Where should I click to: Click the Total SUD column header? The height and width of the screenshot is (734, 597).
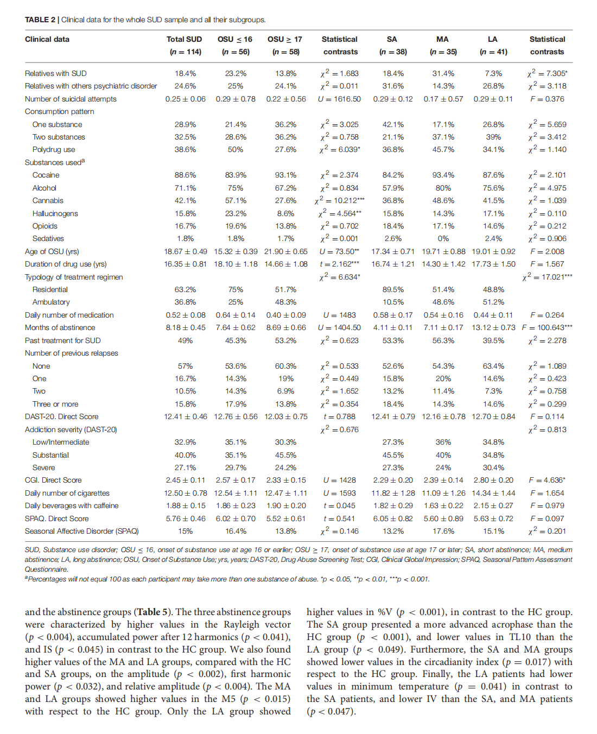[184, 39]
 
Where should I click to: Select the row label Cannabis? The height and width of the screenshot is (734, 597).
[48, 200]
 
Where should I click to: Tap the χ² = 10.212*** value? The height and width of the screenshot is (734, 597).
[340, 200]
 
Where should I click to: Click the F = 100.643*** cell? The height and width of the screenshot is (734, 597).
[547, 327]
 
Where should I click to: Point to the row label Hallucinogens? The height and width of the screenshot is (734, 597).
[55, 213]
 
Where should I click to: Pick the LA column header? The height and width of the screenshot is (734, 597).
[493, 39]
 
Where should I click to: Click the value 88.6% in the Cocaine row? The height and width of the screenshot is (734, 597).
[185, 175]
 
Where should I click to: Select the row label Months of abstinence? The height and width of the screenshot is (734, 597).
[60, 327]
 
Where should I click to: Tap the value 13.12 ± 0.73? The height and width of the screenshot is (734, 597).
[493, 327]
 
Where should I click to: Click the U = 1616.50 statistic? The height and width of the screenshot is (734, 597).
[339, 99]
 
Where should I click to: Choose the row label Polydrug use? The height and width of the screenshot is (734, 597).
[54, 149]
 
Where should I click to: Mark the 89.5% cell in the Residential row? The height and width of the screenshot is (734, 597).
[393, 289]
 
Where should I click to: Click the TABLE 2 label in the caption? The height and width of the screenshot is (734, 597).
[40, 20]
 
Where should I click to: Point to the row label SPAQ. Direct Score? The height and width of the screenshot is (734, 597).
[56, 518]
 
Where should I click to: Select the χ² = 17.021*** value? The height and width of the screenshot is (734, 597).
[547, 277]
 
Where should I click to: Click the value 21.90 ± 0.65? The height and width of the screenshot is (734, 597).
[286, 251]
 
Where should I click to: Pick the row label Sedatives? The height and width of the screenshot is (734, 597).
[48, 238]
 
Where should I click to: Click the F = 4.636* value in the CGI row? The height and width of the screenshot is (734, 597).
[547, 480]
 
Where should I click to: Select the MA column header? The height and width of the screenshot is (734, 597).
[442, 39]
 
